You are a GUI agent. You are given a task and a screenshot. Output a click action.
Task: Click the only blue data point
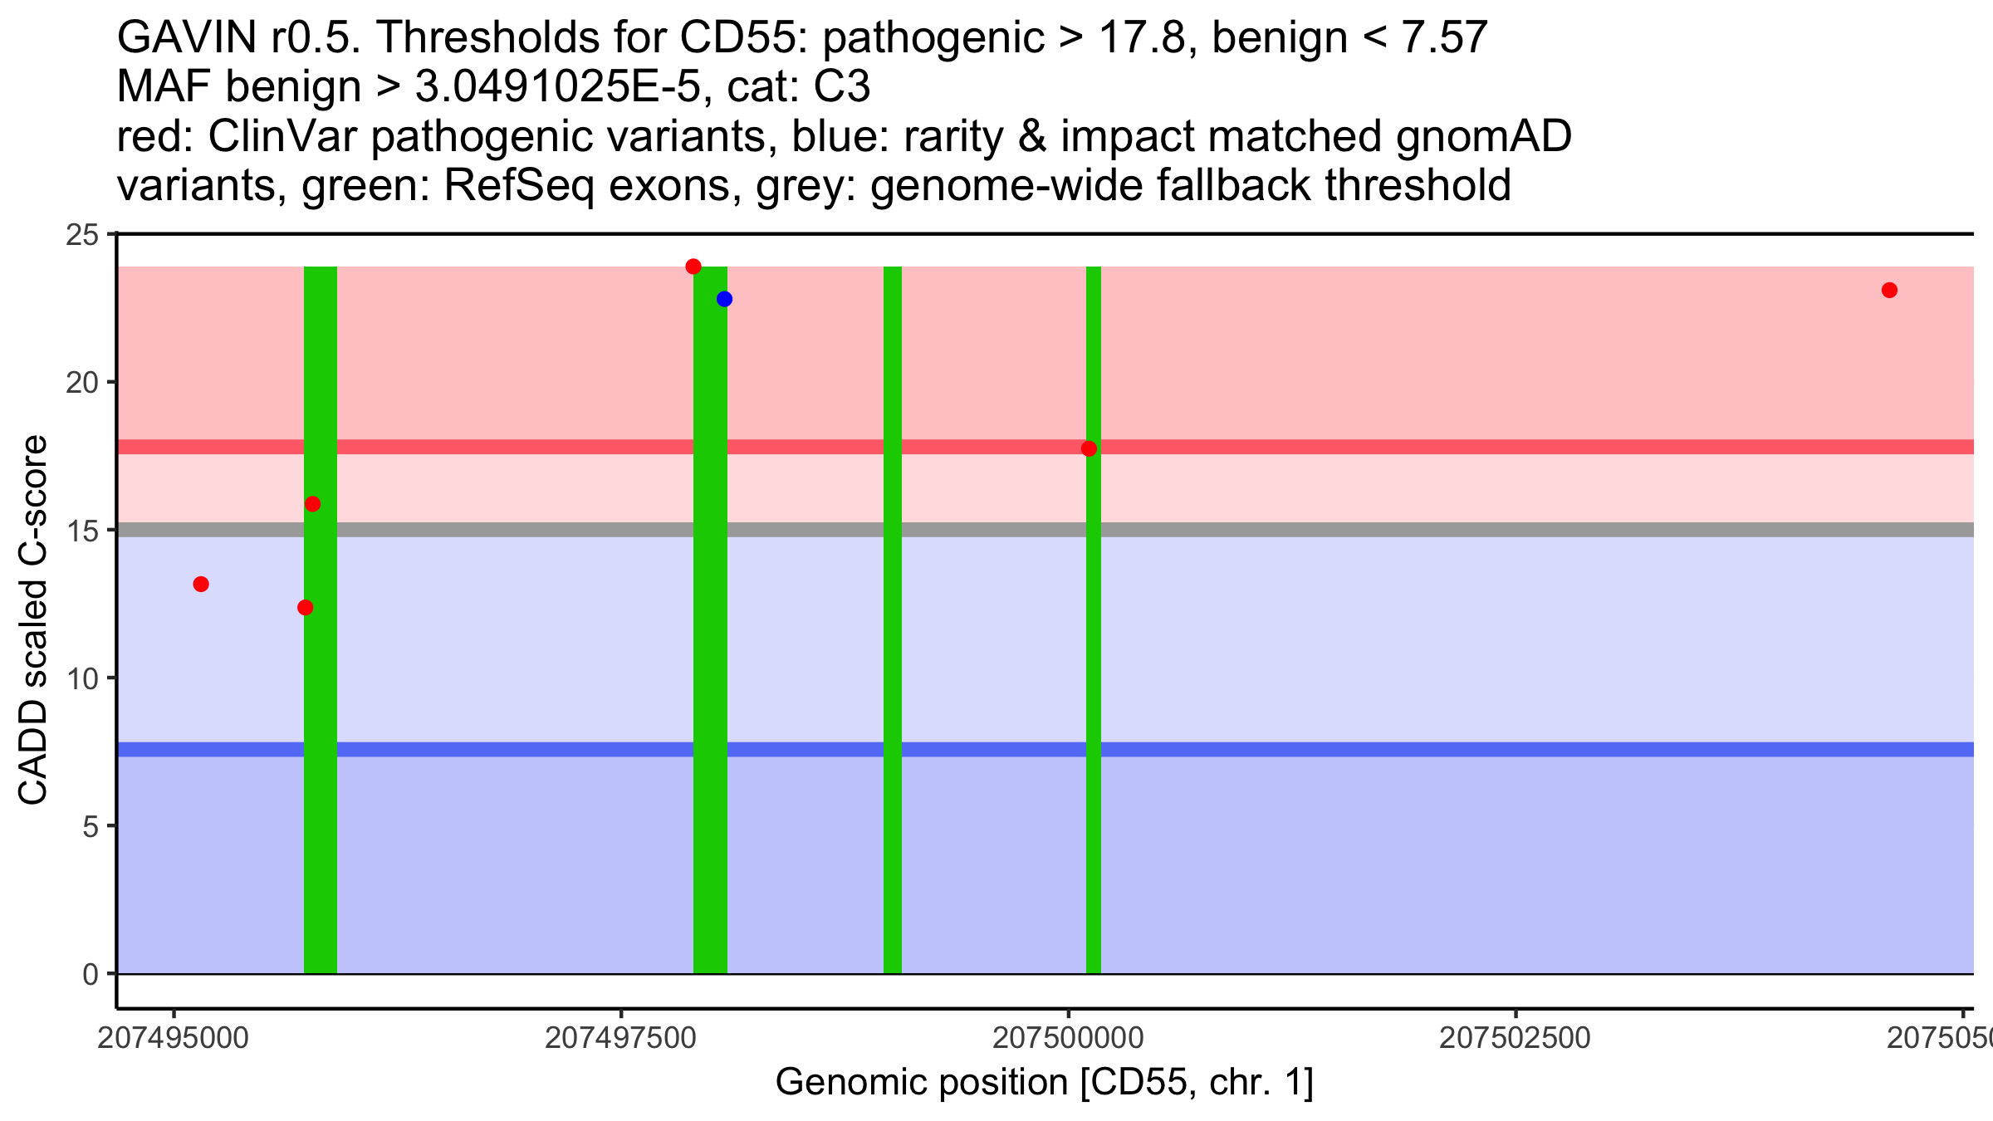point(724,299)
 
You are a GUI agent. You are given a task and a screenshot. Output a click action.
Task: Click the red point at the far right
point(1889,290)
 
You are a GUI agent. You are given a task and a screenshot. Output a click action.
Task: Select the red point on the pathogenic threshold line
point(1089,448)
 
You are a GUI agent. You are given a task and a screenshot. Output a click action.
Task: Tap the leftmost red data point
point(201,585)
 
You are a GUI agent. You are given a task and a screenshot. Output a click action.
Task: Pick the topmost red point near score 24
point(693,267)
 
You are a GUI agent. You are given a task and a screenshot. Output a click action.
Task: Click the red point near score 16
point(312,504)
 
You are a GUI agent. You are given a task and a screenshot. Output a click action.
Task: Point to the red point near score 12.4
point(305,608)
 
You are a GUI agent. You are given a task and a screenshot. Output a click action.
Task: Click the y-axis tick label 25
point(81,235)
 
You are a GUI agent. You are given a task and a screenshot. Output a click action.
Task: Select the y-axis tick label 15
point(81,531)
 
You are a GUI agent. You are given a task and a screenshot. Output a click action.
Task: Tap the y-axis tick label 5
point(90,826)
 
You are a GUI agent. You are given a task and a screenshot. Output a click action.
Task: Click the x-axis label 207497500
point(620,1038)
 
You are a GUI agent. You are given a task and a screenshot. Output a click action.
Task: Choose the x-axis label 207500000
point(1068,1038)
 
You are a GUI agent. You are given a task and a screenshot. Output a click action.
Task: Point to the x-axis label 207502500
point(1515,1038)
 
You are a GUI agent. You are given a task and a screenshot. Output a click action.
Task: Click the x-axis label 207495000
point(173,1038)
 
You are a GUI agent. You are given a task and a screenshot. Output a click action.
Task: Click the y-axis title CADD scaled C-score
point(33,621)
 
